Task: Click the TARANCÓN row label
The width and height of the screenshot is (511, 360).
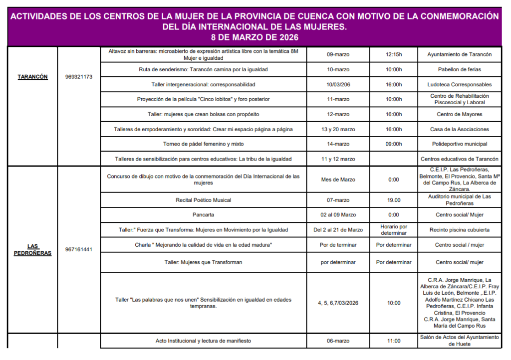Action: pos(32,77)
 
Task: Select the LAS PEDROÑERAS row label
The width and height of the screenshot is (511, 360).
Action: pos(32,249)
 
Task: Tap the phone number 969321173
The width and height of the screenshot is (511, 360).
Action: pos(79,77)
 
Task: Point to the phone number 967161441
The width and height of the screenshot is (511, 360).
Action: pos(79,249)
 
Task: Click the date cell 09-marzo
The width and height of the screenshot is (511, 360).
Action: pos(338,54)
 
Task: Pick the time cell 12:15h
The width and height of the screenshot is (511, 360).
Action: pos(394,54)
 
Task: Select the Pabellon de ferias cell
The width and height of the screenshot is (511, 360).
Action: pos(459,69)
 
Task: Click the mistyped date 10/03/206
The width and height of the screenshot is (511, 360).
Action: pos(338,84)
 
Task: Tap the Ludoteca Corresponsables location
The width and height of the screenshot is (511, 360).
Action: pos(459,84)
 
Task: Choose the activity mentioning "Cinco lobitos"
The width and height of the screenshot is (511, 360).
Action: pos(203,99)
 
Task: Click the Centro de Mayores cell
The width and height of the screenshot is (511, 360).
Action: pos(459,114)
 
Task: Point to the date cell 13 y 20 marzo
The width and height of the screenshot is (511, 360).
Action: pos(338,129)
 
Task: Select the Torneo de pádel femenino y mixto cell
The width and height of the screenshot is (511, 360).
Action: pos(203,144)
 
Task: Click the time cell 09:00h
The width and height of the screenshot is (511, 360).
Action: pos(394,144)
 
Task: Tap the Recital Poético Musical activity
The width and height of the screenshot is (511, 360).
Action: pos(203,200)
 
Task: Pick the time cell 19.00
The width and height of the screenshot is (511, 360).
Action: pos(394,200)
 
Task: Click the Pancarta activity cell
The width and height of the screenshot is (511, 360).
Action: pos(203,215)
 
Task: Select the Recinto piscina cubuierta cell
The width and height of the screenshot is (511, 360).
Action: pos(459,230)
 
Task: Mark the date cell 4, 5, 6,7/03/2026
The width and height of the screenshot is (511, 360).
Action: pos(338,303)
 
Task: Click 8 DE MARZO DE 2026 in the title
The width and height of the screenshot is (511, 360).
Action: pos(255,37)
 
